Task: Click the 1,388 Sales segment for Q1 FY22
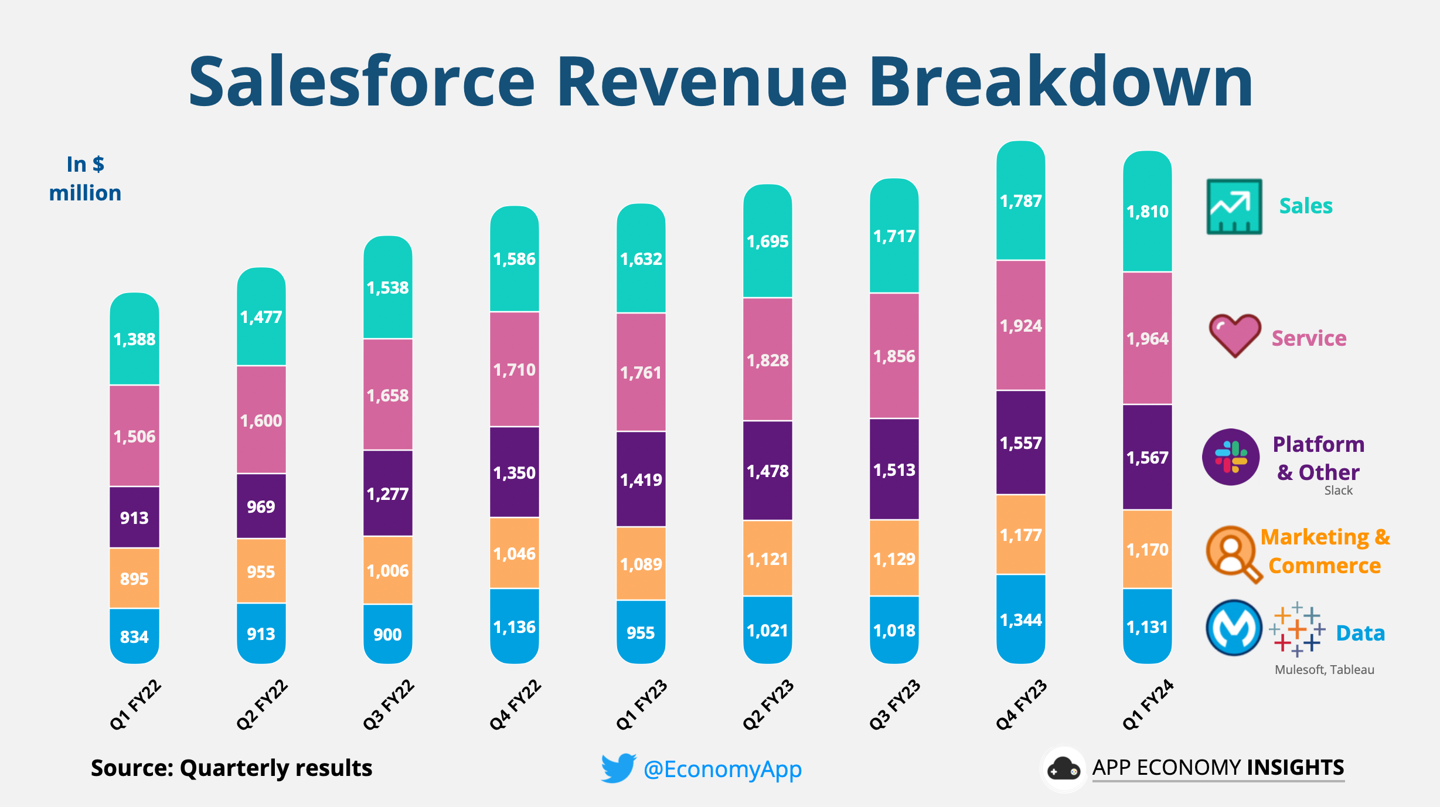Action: coord(134,339)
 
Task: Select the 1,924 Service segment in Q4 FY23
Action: coord(1020,325)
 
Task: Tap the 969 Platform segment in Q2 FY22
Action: coord(261,506)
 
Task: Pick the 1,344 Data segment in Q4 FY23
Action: coord(1020,619)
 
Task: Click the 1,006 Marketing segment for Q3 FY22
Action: coord(387,570)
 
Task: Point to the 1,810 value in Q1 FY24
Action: coord(1147,211)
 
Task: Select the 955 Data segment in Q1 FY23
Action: coord(641,632)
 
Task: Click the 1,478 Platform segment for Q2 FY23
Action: coord(767,471)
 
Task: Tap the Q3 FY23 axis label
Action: coord(895,704)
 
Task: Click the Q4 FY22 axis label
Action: coord(515,704)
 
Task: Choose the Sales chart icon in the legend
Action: coord(1234,206)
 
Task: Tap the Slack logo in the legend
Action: coord(1231,457)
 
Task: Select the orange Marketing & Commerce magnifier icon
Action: coord(1233,553)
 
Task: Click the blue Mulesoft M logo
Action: coord(1234,628)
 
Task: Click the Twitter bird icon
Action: coord(618,768)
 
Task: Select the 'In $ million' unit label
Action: coord(86,179)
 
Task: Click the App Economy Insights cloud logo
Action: coord(1063,769)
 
